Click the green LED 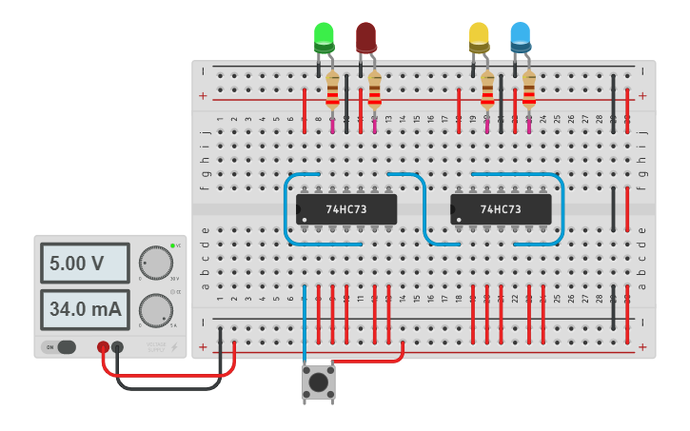point(324,37)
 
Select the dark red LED point(365,37)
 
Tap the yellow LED point(479,37)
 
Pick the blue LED point(520,37)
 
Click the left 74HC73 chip point(345,209)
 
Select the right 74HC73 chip point(501,209)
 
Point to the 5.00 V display point(84,263)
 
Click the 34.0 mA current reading point(84,309)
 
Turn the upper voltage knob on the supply point(155,263)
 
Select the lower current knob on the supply point(155,310)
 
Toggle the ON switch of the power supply point(61,347)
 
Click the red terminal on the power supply point(103,347)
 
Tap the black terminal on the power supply point(117,347)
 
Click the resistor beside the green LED point(332,91)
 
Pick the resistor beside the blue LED point(528,91)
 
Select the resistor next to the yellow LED point(487,91)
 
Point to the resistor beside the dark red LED point(374,91)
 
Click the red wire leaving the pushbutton point(371,361)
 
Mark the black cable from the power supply point(171,386)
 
